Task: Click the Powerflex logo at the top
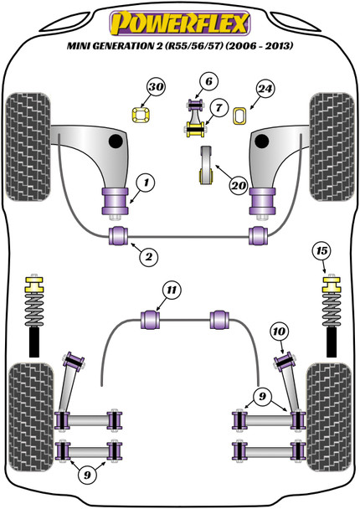click(180, 23)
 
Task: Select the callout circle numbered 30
click(156, 87)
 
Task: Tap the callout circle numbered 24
click(265, 89)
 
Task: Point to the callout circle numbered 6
click(208, 81)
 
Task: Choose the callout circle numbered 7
click(219, 107)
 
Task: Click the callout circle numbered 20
click(239, 186)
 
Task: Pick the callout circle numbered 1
click(146, 183)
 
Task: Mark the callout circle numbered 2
click(149, 257)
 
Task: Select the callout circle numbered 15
click(321, 251)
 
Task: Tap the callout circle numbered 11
click(172, 290)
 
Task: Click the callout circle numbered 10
click(279, 332)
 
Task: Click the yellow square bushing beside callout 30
click(141, 115)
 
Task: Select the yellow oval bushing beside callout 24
click(240, 116)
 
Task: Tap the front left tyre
click(28, 147)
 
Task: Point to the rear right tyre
click(329, 417)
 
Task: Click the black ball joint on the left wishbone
click(116, 141)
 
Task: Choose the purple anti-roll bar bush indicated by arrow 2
click(118, 236)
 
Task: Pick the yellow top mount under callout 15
click(332, 284)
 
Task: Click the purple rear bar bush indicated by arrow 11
click(151, 320)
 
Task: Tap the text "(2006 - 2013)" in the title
click(259, 45)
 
